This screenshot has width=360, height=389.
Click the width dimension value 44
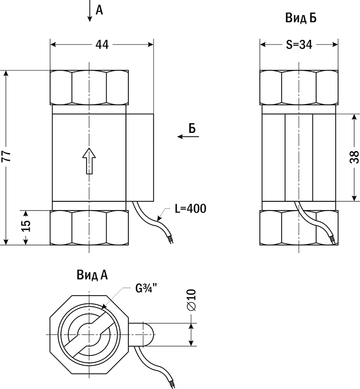tap(102, 45)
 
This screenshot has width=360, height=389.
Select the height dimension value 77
tap(6, 157)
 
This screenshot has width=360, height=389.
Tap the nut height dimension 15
tap(27, 227)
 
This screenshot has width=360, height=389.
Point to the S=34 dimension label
tap(298, 45)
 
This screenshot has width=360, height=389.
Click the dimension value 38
tap(355, 158)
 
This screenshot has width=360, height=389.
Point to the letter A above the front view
tap(99, 9)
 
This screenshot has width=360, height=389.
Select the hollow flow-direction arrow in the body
tap(89, 161)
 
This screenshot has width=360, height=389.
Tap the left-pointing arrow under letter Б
tap(188, 137)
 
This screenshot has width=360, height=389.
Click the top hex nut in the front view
tap(89, 88)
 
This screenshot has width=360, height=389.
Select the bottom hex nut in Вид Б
tap(298, 228)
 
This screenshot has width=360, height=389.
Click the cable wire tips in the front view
tap(170, 239)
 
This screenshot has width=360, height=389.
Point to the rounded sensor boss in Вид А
tap(144, 335)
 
